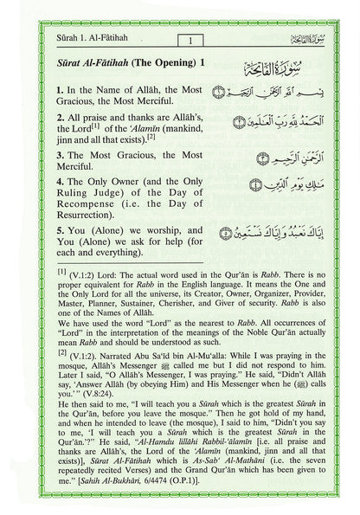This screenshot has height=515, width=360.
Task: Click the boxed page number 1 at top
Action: click(x=187, y=40)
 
